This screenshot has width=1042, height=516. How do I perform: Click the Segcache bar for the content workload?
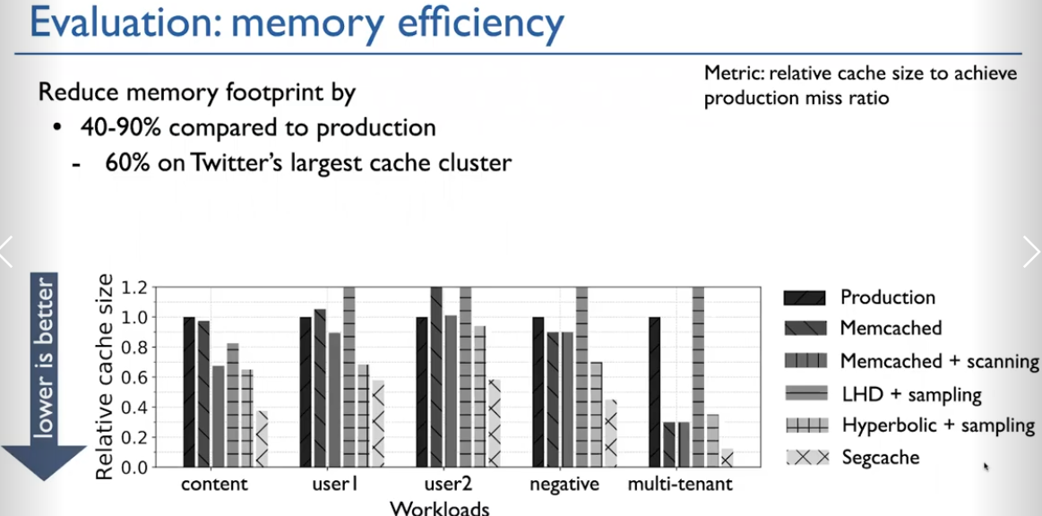click(x=262, y=438)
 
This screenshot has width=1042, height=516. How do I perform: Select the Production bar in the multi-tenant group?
click(x=655, y=391)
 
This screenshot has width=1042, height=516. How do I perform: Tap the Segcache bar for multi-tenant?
click(x=727, y=458)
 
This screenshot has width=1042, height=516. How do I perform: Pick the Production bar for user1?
click(x=306, y=391)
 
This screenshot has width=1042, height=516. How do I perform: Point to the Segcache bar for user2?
click(x=494, y=423)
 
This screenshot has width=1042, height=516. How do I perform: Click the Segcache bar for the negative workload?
click(x=610, y=433)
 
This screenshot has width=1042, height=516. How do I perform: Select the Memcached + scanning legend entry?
click(x=911, y=361)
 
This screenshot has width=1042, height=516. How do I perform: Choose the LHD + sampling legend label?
click(x=911, y=394)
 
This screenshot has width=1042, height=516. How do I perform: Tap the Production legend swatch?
click(x=805, y=297)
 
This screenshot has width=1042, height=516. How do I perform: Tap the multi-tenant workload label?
click(x=680, y=484)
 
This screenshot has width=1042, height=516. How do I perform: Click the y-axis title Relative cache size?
click(x=104, y=376)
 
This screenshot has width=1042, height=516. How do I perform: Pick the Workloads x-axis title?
click(x=439, y=508)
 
